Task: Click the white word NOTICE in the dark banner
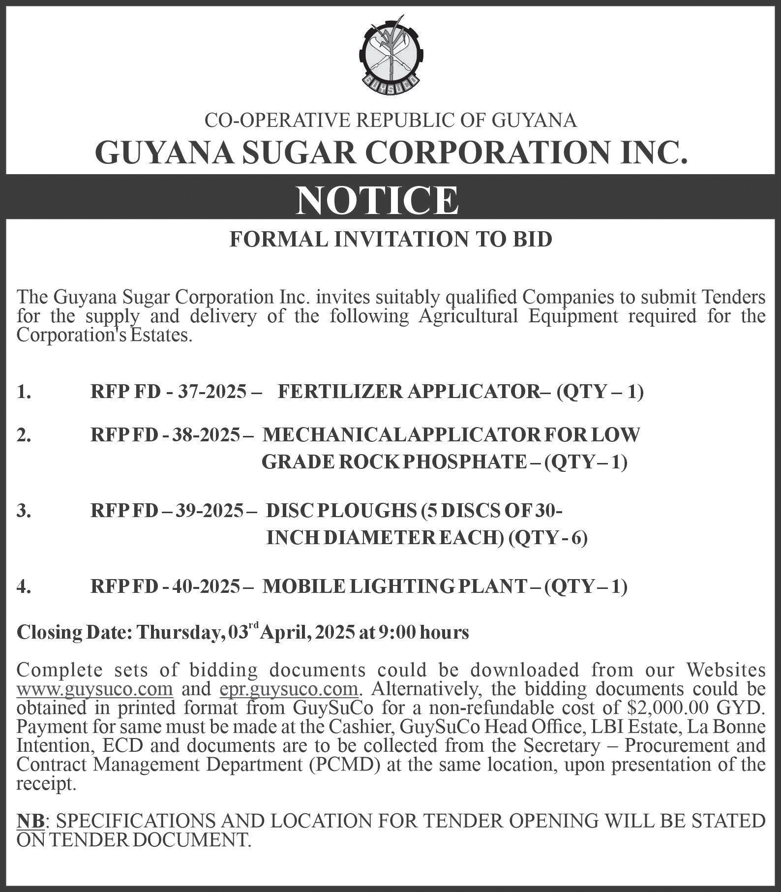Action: [x=377, y=200]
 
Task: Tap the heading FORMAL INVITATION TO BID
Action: [x=391, y=239]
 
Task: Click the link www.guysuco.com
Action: [x=94, y=689]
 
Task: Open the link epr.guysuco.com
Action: [x=288, y=689]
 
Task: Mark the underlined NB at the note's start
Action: [x=30, y=820]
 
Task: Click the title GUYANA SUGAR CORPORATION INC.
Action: [x=390, y=153]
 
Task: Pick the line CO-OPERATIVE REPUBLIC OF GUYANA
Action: [x=390, y=121]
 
